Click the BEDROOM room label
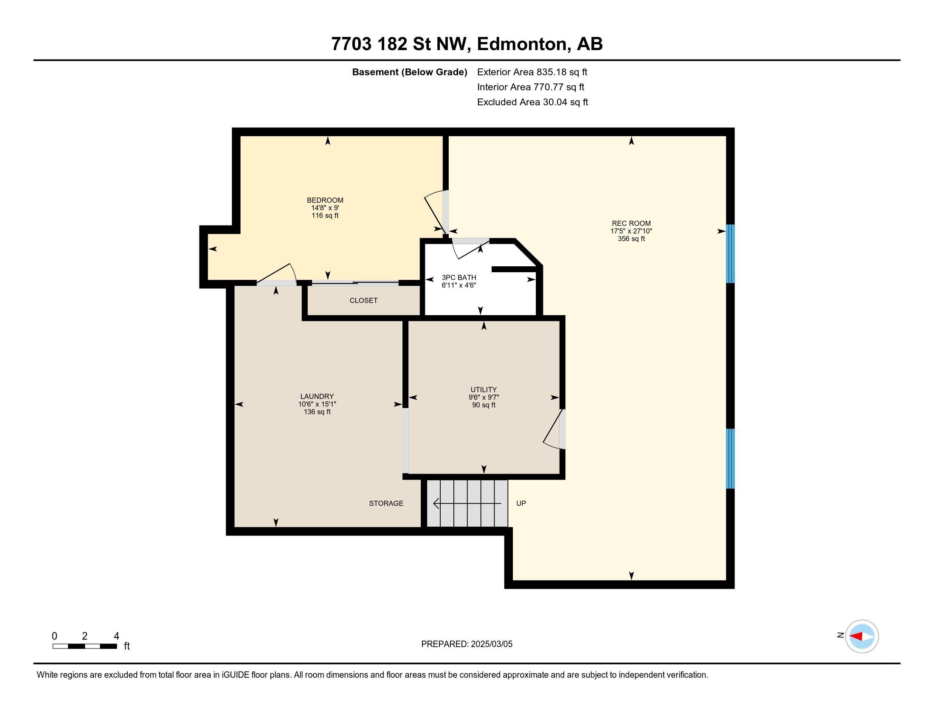[325, 200]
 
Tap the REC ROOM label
[631, 223]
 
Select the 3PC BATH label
[459, 278]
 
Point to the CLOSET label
[363, 300]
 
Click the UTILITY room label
[484, 389]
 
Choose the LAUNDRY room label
[317, 397]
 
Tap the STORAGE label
[386, 503]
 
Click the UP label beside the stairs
[521, 503]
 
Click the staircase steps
[467, 503]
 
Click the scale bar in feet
[84, 646]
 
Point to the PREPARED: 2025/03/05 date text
[467, 644]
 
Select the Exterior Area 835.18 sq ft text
[532, 72]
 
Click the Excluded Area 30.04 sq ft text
[532, 102]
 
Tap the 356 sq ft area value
[631, 239]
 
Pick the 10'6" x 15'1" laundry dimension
[317, 404]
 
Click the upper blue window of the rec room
[731, 254]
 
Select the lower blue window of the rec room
[731, 459]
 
